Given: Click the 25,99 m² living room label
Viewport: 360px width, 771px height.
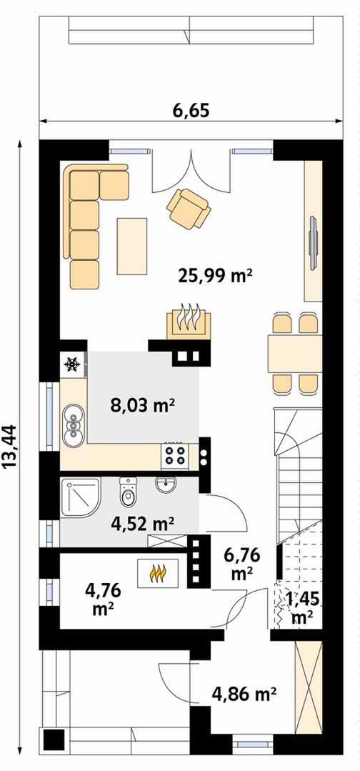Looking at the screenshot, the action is tap(215, 277).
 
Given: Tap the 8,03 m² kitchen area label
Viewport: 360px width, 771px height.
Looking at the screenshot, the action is tap(143, 406).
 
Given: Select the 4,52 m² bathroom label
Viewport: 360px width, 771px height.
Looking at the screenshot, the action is tap(141, 524).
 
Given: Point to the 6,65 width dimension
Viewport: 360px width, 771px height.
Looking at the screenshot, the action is tap(191, 110).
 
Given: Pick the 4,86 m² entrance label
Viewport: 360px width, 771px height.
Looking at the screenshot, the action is tap(243, 695).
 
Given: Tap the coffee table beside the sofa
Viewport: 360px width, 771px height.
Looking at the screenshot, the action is tap(132, 246).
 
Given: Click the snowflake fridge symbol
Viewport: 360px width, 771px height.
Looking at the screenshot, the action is tap(72, 364).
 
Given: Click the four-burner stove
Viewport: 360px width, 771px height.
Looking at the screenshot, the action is tap(174, 455).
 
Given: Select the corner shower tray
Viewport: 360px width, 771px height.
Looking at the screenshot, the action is tap(81, 496).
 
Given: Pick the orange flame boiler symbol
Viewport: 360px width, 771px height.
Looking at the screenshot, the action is tap(157, 572).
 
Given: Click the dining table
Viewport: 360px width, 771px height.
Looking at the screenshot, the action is tap(294, 354).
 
